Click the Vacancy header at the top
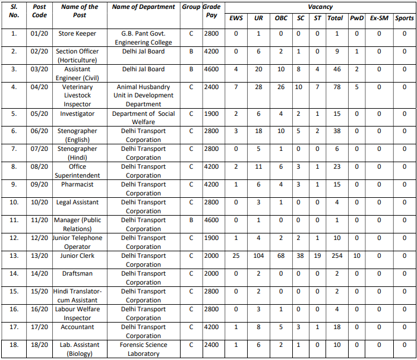tap(320, 7)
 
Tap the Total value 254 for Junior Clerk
tap(337, 256)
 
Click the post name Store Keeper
tap(77, 34)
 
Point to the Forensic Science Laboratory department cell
tap(144, 349)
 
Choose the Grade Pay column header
tap(211, 11)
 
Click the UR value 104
tap(258, 256)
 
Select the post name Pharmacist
tap(77, 185)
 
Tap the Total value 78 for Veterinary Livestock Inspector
tap(337, 87)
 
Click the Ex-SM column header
tap(378, 18)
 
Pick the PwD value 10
tap(357, 256)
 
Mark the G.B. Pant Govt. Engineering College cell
tap(144, 38)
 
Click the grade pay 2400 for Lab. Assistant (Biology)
tap(212, 345)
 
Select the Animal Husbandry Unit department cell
tap(144, 95)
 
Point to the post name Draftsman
tap(77, 274)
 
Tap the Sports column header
tap(405, 18)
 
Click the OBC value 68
tap(281, 256)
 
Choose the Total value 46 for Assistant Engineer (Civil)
tap(337, 70)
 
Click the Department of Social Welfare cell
tap(144, 118)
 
